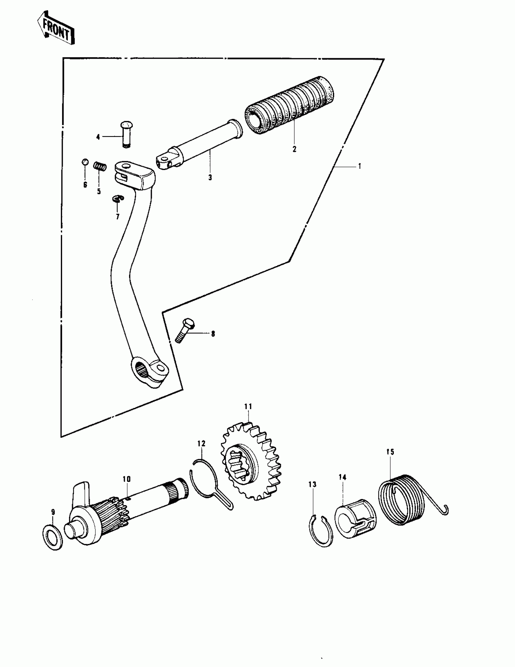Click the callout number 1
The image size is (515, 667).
360,166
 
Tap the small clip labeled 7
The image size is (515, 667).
118,199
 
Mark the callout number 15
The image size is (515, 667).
390,452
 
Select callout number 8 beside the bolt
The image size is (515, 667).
213,334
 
